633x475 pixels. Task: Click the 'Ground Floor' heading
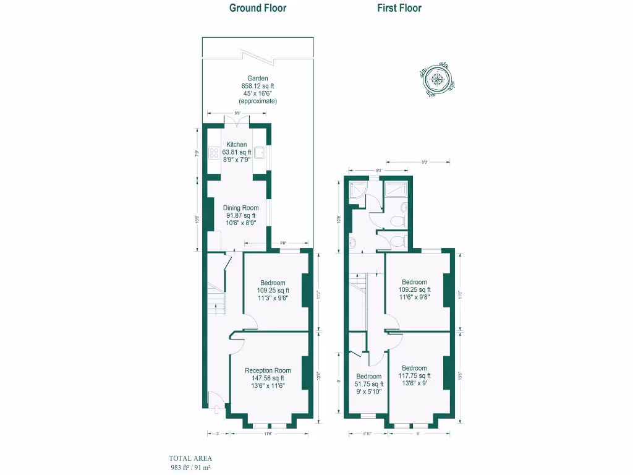click(258, 8)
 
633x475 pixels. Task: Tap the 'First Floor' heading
click(399, 8)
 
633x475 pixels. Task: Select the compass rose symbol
click(438, 79)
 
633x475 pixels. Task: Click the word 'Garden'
click(258, 79)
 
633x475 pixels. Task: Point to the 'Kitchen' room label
click(237, 145)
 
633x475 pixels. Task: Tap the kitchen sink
click(261, 153)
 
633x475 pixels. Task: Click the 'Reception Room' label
click(268, 370)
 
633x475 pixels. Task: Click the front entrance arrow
click(214, 408)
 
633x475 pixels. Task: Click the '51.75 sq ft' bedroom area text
click(369, 384)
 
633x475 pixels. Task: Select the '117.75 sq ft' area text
click(414, 375)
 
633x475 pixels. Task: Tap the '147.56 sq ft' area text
click(268, 378)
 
